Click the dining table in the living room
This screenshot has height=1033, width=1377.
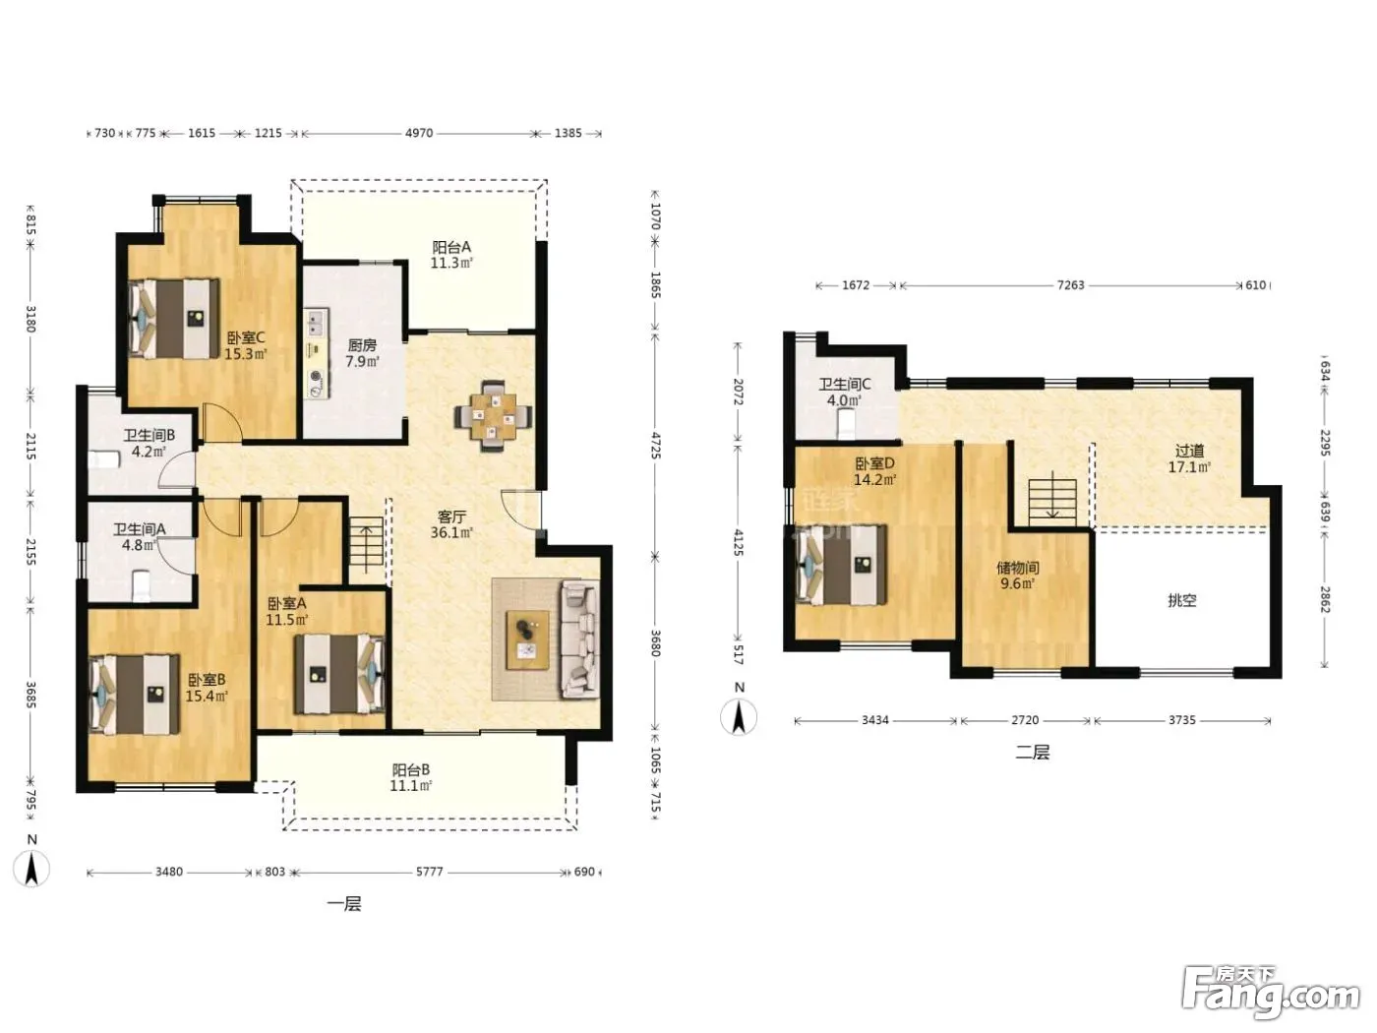click(494, 415)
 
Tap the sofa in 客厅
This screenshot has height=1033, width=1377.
click(580, 638)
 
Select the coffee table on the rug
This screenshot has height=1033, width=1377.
click(527, 639)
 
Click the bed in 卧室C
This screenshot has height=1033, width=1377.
click(174, 319)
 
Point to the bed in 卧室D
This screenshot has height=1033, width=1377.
click(841, 565)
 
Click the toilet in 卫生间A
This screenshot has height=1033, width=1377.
click(142, 584)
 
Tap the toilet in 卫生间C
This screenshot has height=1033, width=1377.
click(847, 423)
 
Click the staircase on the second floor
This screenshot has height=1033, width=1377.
click(1052, 502)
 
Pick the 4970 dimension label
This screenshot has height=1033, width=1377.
click(419, 133)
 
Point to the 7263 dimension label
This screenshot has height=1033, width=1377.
click(1070, 284)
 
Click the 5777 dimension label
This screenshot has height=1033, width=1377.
click(430, 872)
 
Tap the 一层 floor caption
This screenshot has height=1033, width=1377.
click(344, 904)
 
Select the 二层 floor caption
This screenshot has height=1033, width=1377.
click(1033, 752)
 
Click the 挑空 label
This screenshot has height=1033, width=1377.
click(1182, 600)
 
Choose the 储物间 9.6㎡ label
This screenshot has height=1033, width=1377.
click(1018, 576)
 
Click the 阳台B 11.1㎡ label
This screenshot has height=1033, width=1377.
click(411, 777)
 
